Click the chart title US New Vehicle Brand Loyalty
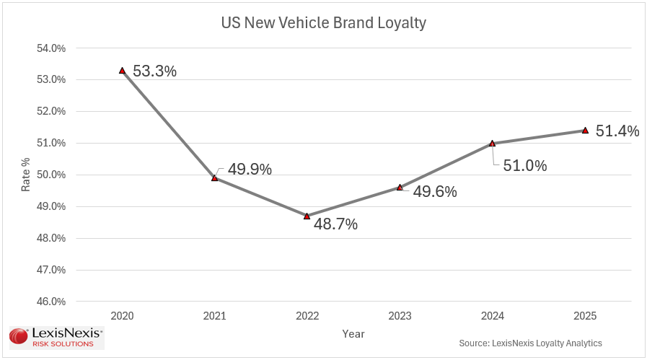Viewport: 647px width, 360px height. point(323,23)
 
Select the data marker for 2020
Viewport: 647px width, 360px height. point(122,71)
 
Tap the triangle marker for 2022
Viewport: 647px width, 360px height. point(307,216)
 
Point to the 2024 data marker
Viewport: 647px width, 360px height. point(492,143)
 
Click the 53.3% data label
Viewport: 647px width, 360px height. point(154,71)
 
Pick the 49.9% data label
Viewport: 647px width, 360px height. point(250,170)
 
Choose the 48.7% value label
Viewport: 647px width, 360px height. point(335,224)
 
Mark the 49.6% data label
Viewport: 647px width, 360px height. point(435,192)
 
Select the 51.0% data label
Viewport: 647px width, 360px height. point(524,166)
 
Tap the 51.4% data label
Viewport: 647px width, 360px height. point(617,131)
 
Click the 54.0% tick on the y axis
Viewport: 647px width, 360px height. point(51,48)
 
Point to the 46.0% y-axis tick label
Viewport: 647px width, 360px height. point(51,302)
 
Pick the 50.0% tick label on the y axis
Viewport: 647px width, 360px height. point(51,175)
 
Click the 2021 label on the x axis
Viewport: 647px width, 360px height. point(214,317)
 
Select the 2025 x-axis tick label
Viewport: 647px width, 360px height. point(585,317)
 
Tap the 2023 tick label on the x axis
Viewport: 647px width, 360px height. point(400,317)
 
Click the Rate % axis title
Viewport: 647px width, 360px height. point(26,175)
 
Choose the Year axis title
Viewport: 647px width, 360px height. point(353,334)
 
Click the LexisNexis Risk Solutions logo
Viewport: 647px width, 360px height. point(56,338)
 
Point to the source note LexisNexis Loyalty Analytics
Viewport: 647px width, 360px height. point(530,343)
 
